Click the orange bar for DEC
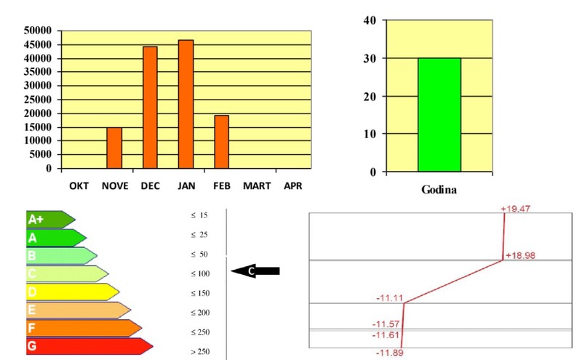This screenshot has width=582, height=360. pos(150,107)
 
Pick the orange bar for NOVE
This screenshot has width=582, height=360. pos(114,148)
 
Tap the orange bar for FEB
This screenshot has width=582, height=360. pos(221,141)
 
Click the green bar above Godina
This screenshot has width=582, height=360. pos(439,115)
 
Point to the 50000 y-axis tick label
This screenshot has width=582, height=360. pos(38,31)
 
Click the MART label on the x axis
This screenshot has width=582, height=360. pos(257,186)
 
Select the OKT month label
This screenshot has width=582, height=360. pos(79,186)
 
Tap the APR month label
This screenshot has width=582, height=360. pos(292,186)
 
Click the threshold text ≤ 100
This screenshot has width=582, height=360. pos(199,273)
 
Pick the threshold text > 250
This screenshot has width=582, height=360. pos(199,351)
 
